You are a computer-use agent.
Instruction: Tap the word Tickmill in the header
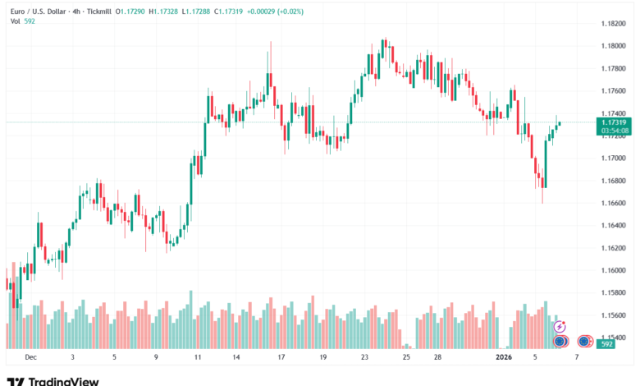99,12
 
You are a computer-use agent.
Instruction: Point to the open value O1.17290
130,12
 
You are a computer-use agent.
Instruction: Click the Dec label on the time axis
30,357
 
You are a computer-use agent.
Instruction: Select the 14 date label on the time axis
236,357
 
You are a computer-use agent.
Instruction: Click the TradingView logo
53,380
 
